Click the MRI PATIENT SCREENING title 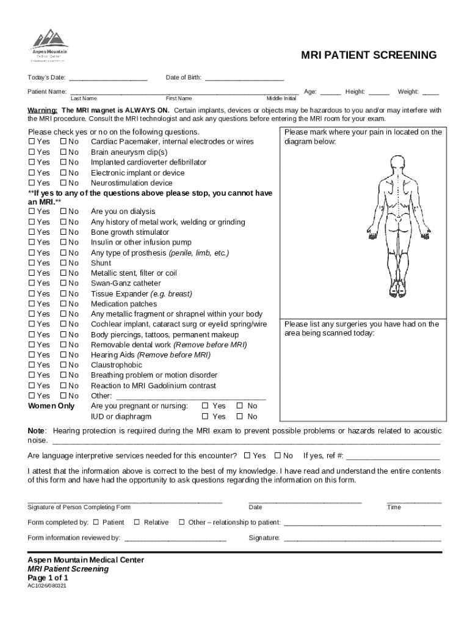[369, 56]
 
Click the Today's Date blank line [108, 78]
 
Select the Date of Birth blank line [244, 78]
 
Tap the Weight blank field [430, 92]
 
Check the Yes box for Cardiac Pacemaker [32, 142]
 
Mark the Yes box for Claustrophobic [32, 365]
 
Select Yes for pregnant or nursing [205, 406]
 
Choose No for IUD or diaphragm [239, 417]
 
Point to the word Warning [42, 111]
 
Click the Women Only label [51, 406]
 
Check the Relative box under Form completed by [137, 523]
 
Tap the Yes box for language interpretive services [247, 456]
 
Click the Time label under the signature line [394, 507]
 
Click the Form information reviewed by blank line [175, 539]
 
